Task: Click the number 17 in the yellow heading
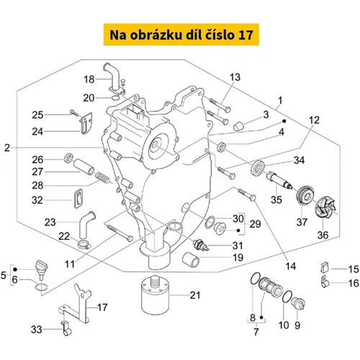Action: pyautogui.click(x=246, y=35)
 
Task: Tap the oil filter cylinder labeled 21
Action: pyautogui.click(x=156, y=295)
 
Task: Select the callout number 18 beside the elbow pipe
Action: pyautogui.click(x=89, y=79)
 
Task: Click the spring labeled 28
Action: pyautogui.click(x=102, y=178)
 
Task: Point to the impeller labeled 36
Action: pyautogui.click(x=326, y=207)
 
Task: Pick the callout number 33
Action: pyautogui.click(x=37, y=329)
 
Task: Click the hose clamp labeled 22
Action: pyautogui.click(x=84, y=245)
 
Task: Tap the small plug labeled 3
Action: pyautogui.click(x=239, y=126)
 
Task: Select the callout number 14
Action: pyautogui.click(x=290, y=266)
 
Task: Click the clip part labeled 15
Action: pyautogui.click(x=325, y=267)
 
